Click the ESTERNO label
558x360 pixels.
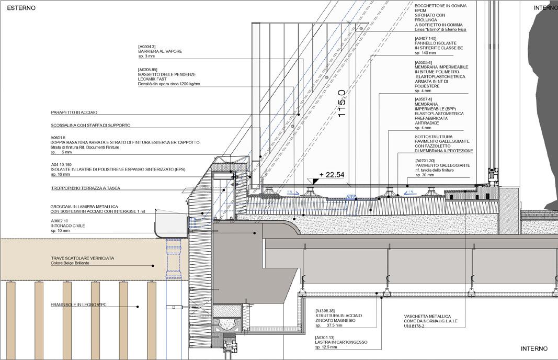21,8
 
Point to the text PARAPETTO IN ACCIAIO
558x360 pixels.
74,113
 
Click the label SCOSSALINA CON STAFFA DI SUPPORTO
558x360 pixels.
90,126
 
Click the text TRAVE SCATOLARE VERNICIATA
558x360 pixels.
82,258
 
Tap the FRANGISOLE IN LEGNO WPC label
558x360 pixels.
78,305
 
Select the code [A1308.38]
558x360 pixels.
326,310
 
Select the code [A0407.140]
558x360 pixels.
425,39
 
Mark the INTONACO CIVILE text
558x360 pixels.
67,226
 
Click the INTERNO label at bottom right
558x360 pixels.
534,348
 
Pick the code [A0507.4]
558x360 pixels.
423,99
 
